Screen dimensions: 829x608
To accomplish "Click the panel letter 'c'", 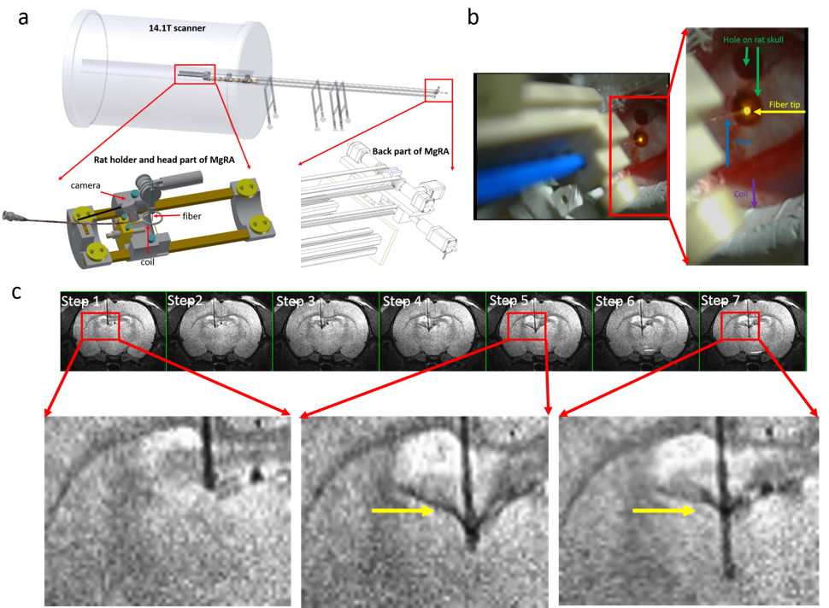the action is click(x=17, y=292).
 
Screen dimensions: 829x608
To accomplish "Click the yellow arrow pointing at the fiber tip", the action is click(x=770, y=111).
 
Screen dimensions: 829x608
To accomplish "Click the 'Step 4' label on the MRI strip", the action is click(x=402, y=301).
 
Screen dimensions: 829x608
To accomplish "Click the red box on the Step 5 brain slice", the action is click(x=526, y=326).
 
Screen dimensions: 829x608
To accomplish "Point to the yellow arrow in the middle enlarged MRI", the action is click(x=403, y=511).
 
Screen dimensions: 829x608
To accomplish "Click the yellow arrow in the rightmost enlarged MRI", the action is click(x=663, y=511).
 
